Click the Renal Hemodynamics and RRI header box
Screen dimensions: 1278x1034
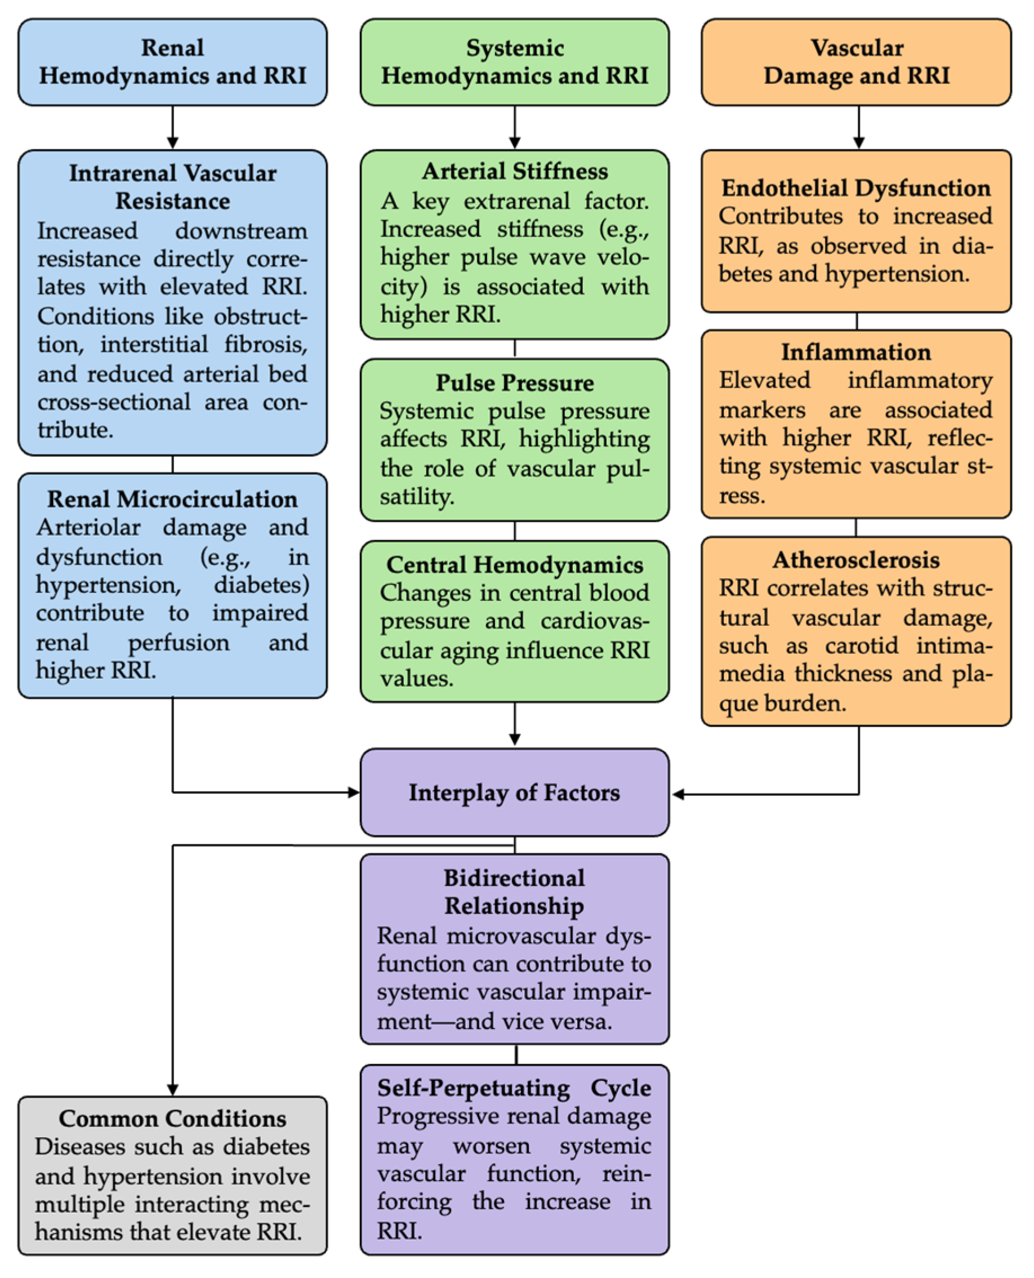(172, 62)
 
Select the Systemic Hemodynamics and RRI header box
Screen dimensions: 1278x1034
(515, 62)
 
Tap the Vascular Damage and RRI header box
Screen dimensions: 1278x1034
(857, 62)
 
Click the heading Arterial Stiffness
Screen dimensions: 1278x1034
(515, 172)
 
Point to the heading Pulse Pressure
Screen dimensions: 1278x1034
(515, 382)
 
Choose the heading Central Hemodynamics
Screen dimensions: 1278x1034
(515, 564)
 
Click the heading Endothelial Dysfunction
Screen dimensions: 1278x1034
(857, 188)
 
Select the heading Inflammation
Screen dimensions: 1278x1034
(857, 352)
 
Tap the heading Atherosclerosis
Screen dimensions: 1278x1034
(857, 560)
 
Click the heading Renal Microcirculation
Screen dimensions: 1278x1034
(172, 499)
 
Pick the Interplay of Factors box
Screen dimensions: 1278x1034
(515, 792)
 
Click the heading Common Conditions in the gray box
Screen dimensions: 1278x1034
(172, 1119)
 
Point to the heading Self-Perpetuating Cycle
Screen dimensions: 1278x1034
(515, 1088)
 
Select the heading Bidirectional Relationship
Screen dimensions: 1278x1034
(515, 892)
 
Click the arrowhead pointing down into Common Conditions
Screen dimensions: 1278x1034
(173, 1089)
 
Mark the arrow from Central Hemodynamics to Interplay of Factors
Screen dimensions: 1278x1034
(515, 724)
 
